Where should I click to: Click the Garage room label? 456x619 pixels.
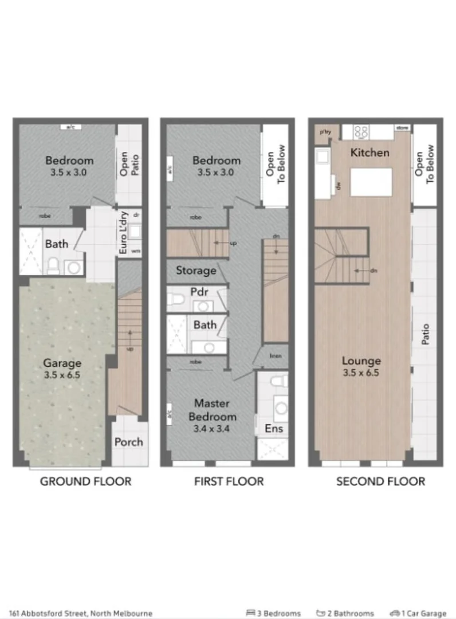pyautogui.click(x=62, y=363)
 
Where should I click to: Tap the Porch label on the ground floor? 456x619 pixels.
pyautogui.click(x=128, y=442)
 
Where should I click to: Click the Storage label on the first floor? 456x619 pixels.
pyautogui.click(x=196, y=270)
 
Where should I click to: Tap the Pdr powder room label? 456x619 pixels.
pyautogui.click(x=199, y=291)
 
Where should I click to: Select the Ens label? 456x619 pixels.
pyautogui.click(x=273, y=428)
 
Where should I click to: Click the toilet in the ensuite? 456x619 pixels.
pyautogui.click(x=279, y=381)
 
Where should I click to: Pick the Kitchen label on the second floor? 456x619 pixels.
pyautogui.click(x=369, y=152)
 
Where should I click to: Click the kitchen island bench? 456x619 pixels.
pyautogui.click(x=371, y=182)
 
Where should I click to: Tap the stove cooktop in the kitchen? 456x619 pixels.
pyautogui.click(x=361, y=132)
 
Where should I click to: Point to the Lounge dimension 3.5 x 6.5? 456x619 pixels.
pyautogui.click(x=361, y=372)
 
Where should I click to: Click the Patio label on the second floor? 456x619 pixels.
pyautogui.click(x=425, y=335)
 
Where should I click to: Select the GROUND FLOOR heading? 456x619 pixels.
pyautogui.click(x=85, y=481)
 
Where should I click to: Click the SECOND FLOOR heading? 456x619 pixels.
pyautogui.click(x=380, y=481)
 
